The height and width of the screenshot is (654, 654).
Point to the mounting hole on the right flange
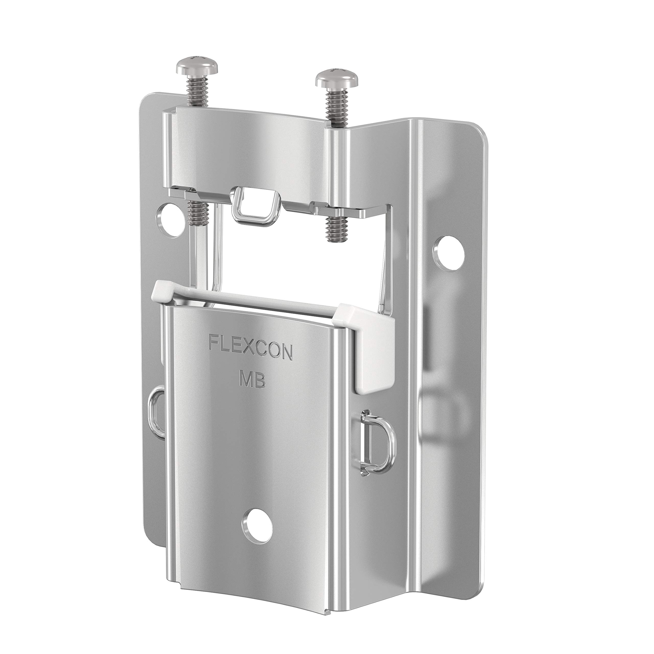[x=449, y=249]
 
